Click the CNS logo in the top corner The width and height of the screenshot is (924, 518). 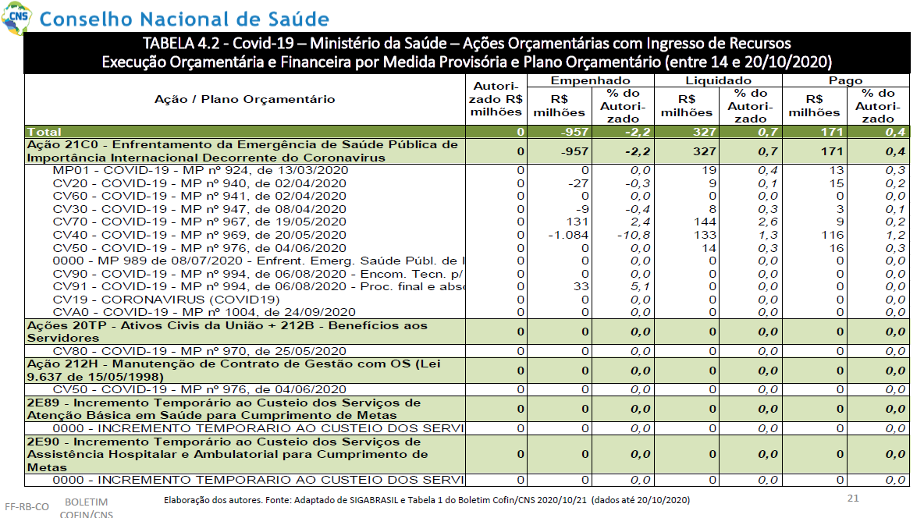[x=17, y=17]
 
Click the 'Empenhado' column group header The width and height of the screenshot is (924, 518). [x=591, y=80]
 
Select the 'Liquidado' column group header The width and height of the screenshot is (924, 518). [x=718, y=80]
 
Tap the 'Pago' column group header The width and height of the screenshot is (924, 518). [x=846, y=80]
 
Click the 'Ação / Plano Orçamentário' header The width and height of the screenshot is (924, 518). [x=244, y=100]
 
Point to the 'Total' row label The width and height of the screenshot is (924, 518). [x=44, y=131]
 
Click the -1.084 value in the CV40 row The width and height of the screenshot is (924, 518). [x=568, y=235]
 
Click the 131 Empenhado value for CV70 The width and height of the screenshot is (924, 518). [x=577, y=222]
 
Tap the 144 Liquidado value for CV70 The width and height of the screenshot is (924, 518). [x=705, y=222]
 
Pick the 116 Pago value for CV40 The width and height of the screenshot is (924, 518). [x=833, y=235]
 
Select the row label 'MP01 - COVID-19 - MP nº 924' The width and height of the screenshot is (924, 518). [x=201, y=170]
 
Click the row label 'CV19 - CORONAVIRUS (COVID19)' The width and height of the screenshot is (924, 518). [x=166, y=300]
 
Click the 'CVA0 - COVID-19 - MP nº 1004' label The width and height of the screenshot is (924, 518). [x=204, y=312]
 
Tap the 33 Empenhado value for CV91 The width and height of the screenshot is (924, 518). [x=581, y=287]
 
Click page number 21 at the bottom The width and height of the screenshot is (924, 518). [x=853, y=498]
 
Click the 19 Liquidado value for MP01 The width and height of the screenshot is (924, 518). [x=709, y=170]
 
